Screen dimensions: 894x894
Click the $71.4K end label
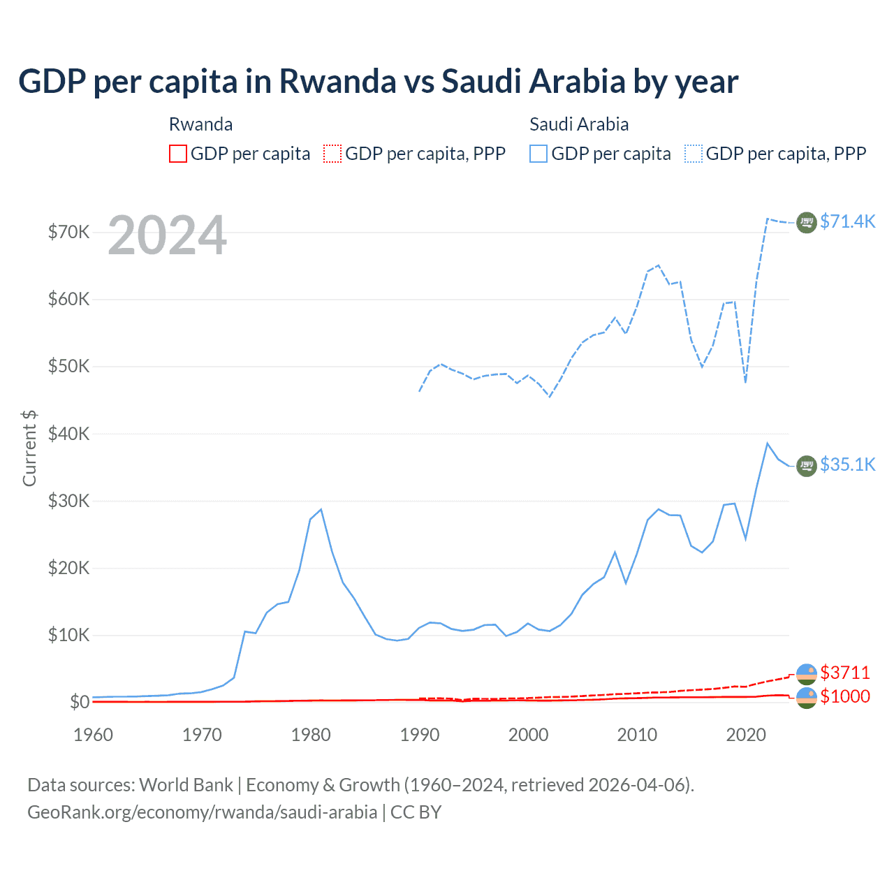[x=847, y=221]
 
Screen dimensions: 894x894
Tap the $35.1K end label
[x=847, y=464]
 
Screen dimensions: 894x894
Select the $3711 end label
[x=845, y=673]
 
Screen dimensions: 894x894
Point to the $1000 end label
[x=845, y=696]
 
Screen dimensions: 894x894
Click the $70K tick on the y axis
[x=68, y=232]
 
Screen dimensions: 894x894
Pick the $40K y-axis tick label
[x=68, y=434]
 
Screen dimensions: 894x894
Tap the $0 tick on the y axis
[x=80, y=702]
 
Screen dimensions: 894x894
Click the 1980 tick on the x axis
[x=311, y=735]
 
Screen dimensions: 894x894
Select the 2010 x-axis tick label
[x=637, y=735]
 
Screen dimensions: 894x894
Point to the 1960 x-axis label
[x=93, y=735]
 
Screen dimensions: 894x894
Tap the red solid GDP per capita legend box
[x=178, y=154]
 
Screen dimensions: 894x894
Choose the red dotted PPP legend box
[x=332, y=154]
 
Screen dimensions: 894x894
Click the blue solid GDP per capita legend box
[x=538, y=154]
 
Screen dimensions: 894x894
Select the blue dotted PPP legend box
[x=694, y=154]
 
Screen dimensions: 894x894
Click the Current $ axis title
[x=29, y=448]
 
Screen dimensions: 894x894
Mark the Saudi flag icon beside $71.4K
[x=807, y=222]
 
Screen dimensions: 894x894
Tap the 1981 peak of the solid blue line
[x=321, y=509]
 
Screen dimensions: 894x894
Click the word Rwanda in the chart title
[x=338, y=81]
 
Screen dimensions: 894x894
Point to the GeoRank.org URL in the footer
[x=202, y=812]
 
